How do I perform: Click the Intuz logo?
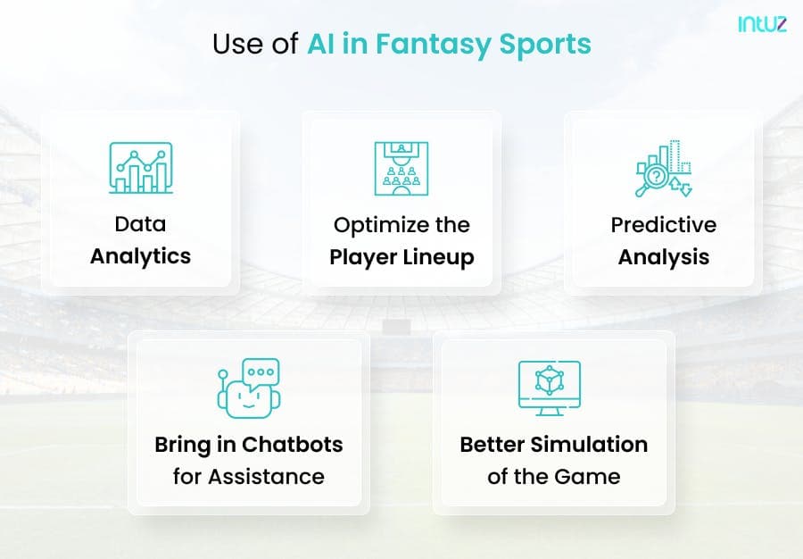762,23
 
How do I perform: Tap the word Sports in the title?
545,45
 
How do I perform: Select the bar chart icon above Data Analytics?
141,168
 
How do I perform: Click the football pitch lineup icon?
401,169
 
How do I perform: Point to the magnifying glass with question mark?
651,179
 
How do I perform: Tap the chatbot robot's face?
249,399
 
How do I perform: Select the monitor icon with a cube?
550,388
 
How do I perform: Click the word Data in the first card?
140,224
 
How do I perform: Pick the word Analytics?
140,256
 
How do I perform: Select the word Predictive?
664,225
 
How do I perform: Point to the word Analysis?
664,257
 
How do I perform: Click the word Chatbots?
293,445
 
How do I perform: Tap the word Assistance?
266,477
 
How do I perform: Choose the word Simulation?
590,445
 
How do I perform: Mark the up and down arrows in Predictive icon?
680,187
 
